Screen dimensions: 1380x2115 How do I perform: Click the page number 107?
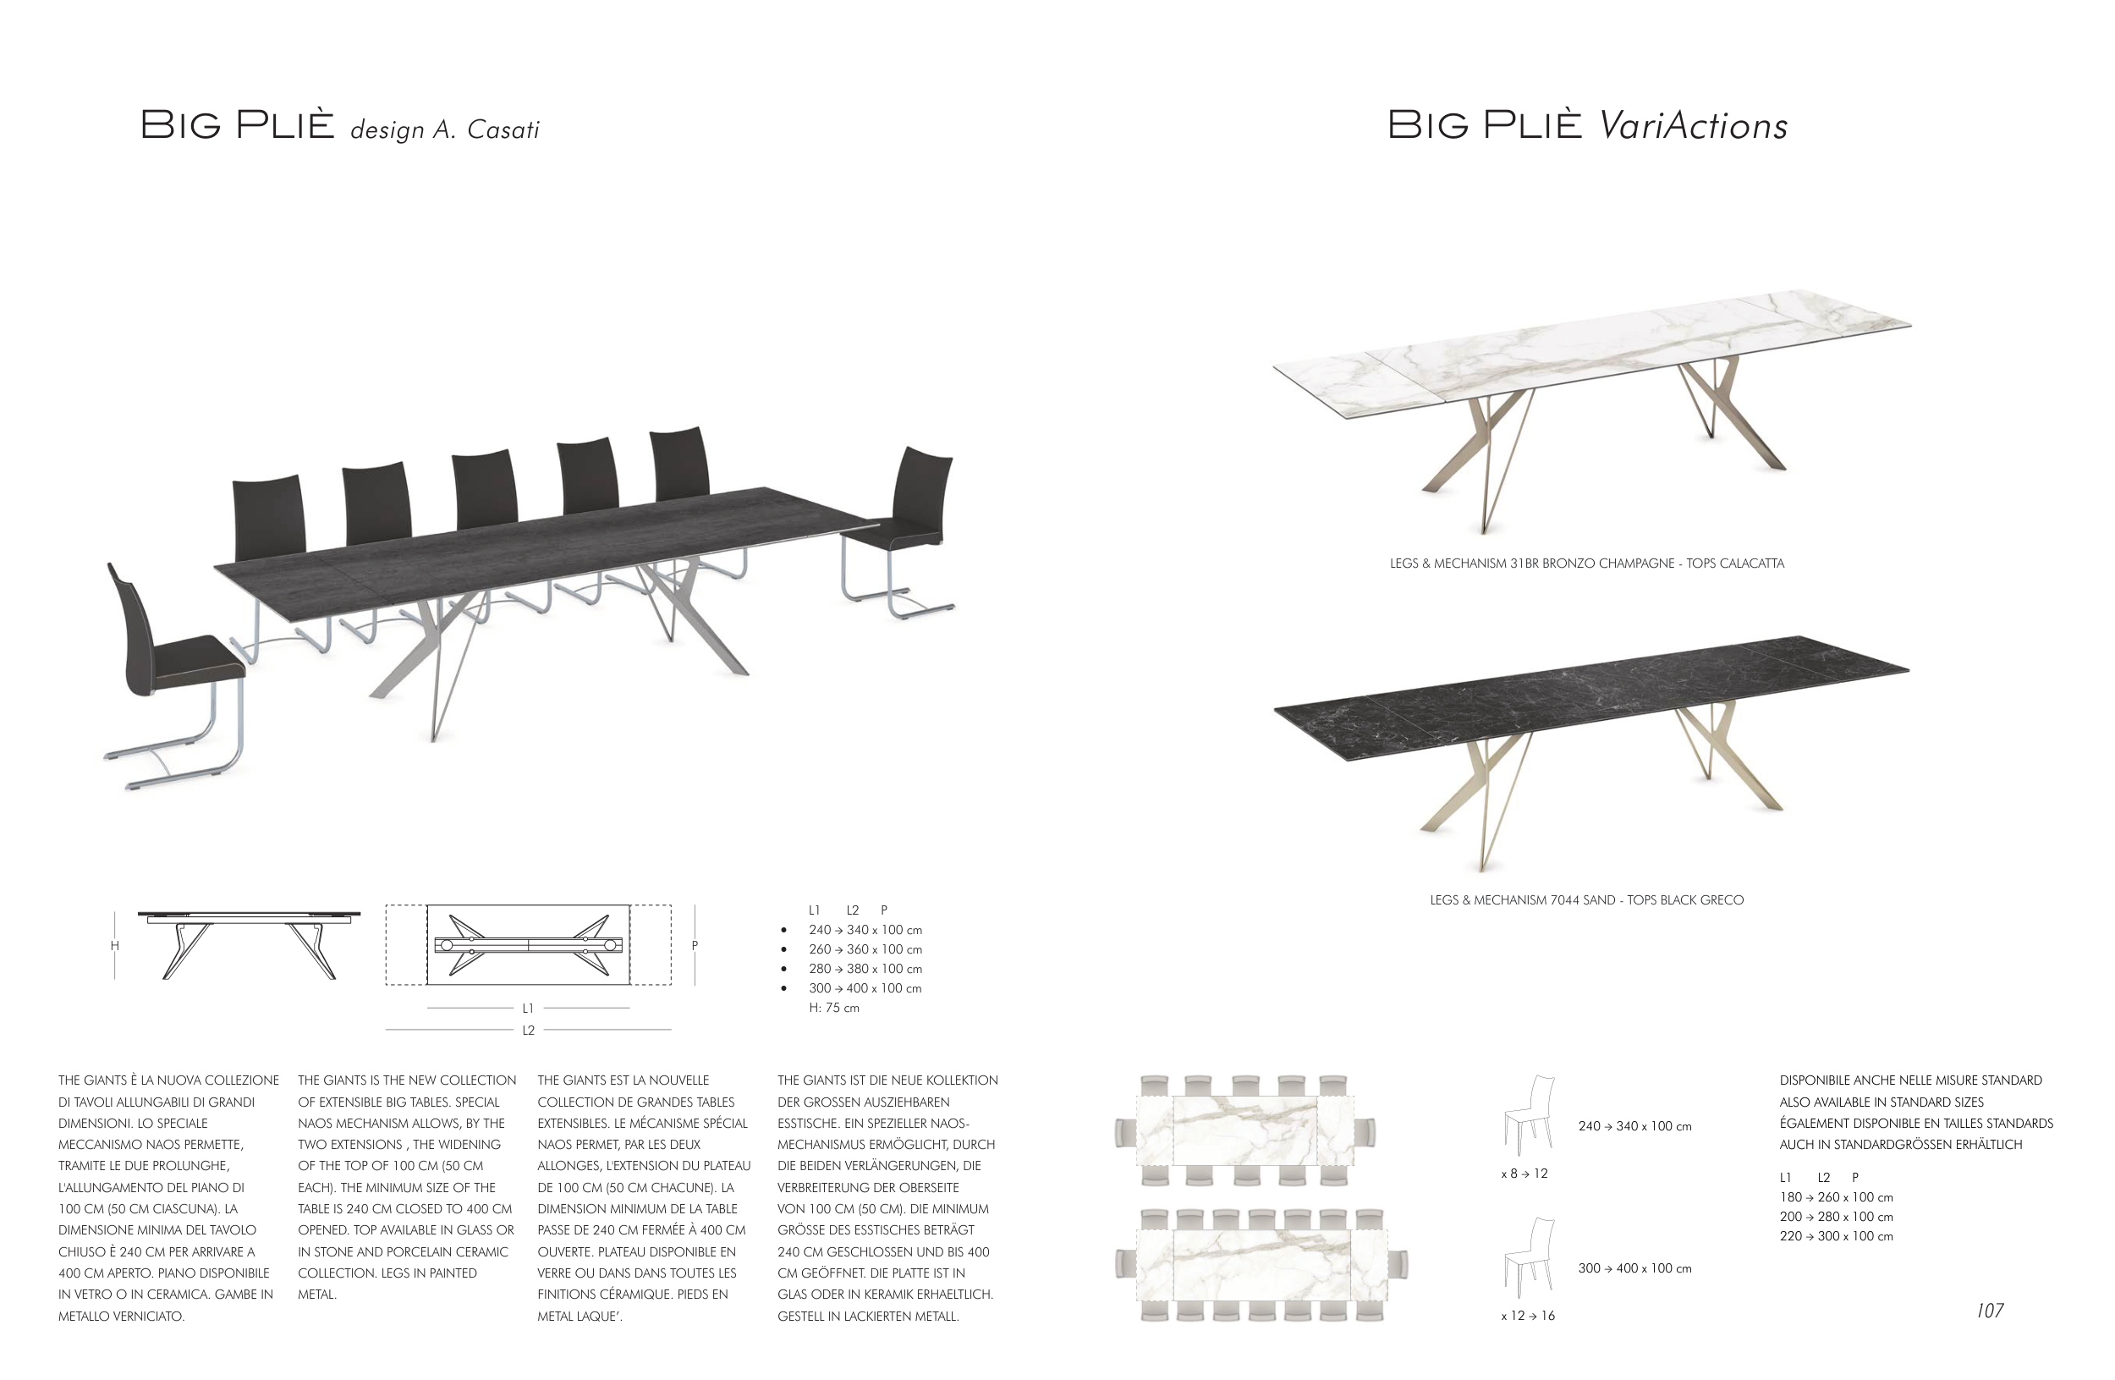pos(1990,1311)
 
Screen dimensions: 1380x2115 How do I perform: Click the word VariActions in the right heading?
pos(1693,126)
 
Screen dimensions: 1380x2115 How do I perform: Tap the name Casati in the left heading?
pos(503,130)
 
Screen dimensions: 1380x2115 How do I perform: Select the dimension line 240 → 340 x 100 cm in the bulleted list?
pos(865,930)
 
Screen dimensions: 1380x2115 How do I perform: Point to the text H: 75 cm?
pos(833,1008)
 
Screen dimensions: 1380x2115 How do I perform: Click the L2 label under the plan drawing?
pos(528,1031)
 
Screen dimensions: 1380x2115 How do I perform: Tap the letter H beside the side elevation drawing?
pos(115,945)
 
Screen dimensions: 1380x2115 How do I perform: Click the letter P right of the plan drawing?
pos(695,945)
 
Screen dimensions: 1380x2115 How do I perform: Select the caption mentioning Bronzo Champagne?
pos(1586,564)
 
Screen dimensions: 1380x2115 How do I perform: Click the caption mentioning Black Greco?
pos(1586,900)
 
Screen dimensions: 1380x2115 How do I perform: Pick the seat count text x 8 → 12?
pos(1524,1174)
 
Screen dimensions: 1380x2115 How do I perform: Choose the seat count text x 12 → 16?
pos(1528,1316)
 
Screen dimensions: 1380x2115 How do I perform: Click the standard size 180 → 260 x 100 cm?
pos(1836,1197)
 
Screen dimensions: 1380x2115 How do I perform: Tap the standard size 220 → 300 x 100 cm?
pos(1836,1236)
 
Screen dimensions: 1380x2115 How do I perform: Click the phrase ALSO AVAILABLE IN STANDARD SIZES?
pos(1882,1102)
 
